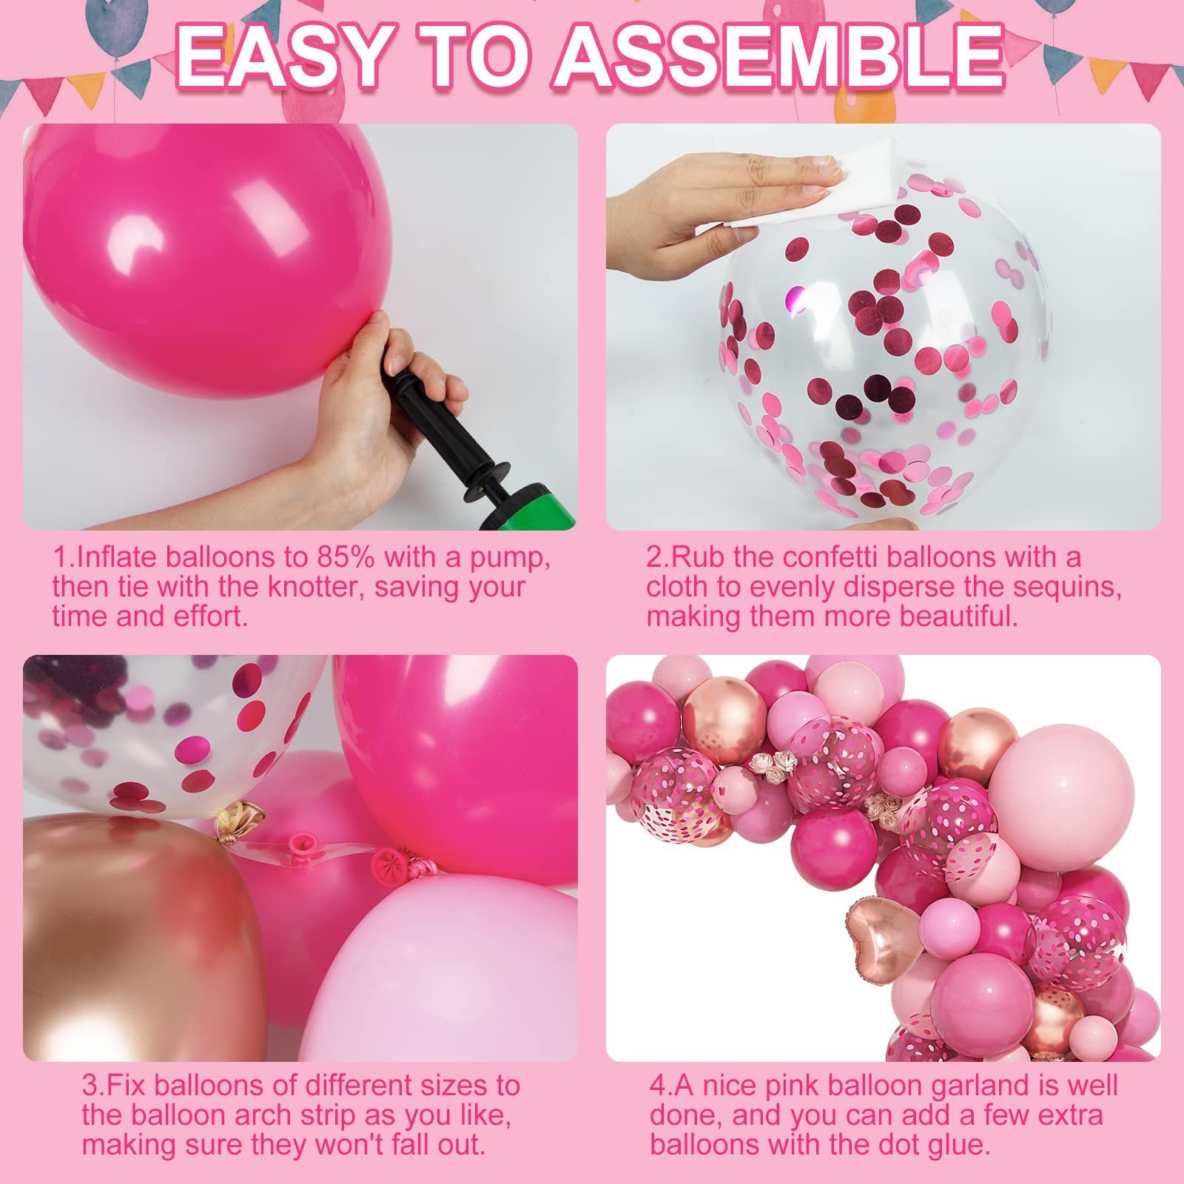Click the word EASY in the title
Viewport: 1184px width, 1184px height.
click(281, 58)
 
